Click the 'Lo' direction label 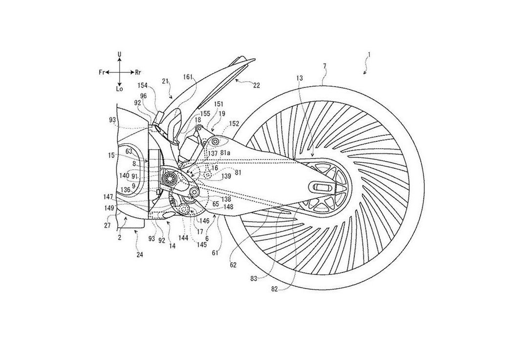coord(119,90)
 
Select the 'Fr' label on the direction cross coord(102,71)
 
